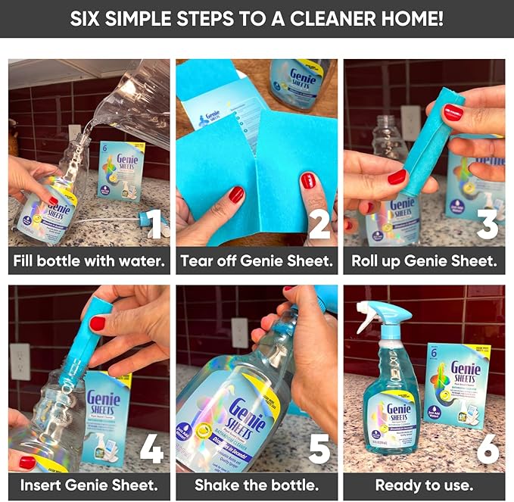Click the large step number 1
point(154,223)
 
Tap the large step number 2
point(319,223)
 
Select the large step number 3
point(488,223)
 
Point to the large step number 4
point(151,448)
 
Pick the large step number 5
point(319,448)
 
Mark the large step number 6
point(488,448)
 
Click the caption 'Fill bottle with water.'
point(89,262)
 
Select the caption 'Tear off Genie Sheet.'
point(257,262)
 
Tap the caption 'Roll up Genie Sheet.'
point(424,262)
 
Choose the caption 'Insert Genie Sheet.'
point(89,485)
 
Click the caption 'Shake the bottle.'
point(257,485)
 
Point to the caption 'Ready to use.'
point(424,485)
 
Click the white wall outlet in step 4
point(20,361)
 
